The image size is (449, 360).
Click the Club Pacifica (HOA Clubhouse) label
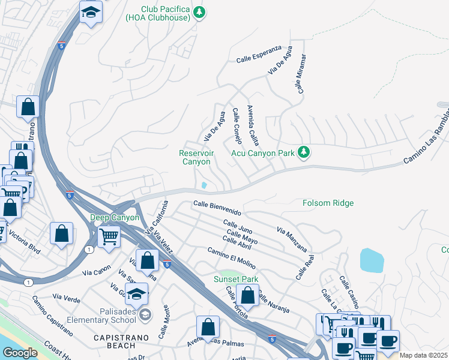click(x=165, y=13)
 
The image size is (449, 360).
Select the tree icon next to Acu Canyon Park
click(x=304, y=152)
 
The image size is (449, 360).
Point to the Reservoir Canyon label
click(x=196, y=157)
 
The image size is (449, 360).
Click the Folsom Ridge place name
click(x=328, y=203)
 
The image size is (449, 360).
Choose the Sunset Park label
click(x=236, y=280)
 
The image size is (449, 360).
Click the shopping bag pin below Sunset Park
click(x=247, y=295)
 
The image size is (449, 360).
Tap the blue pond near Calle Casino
click(x=372, y=260)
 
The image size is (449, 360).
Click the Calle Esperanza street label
click(x=259, y=59)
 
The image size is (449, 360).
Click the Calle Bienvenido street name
click(x=217, y=208)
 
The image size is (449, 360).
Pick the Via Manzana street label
click(x=292, y=239)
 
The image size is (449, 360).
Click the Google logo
click(x=20, y=353)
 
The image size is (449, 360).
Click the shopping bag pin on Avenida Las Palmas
click(x=208, y=327)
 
